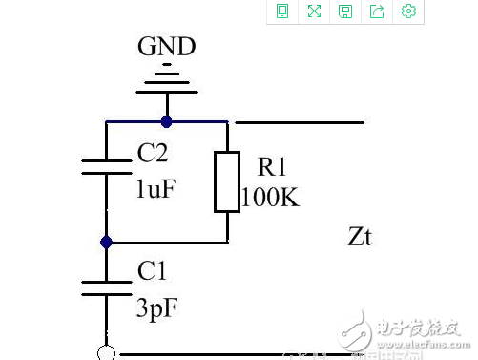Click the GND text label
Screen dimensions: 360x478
(167, 47)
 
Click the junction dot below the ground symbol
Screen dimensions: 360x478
(167, 122)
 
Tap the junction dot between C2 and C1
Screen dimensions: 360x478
(107, 243)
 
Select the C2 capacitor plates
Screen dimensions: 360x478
(107, 167)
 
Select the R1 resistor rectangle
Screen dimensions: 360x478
(227, 181)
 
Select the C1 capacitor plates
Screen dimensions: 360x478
(107, 287)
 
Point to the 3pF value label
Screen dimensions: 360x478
(156, 307)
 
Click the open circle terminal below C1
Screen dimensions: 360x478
(107, 353)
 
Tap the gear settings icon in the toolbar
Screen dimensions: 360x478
(409, 11)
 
